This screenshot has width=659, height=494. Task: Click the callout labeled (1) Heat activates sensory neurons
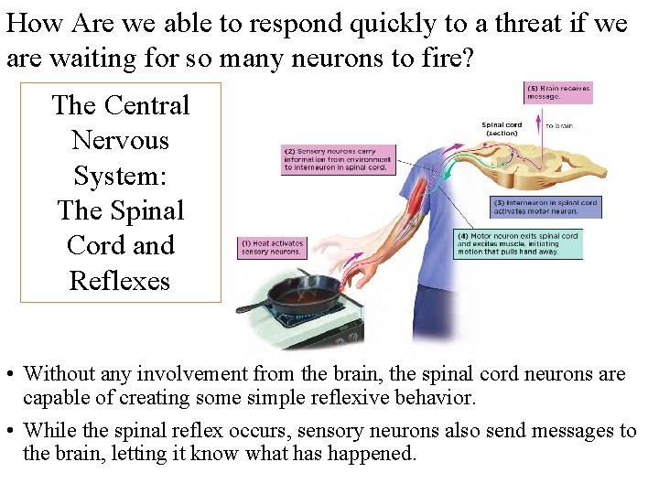point(273,247)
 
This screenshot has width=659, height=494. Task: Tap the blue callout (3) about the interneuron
point(546,207)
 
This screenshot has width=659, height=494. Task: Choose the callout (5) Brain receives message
point(557,92)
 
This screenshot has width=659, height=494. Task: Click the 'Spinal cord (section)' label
point(502,129)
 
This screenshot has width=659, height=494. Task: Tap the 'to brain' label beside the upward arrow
point(559,125)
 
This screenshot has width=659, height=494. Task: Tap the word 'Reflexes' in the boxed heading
point(120,281)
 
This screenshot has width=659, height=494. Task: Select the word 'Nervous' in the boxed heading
point(120,141)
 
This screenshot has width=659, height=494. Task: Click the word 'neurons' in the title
point(321,59)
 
